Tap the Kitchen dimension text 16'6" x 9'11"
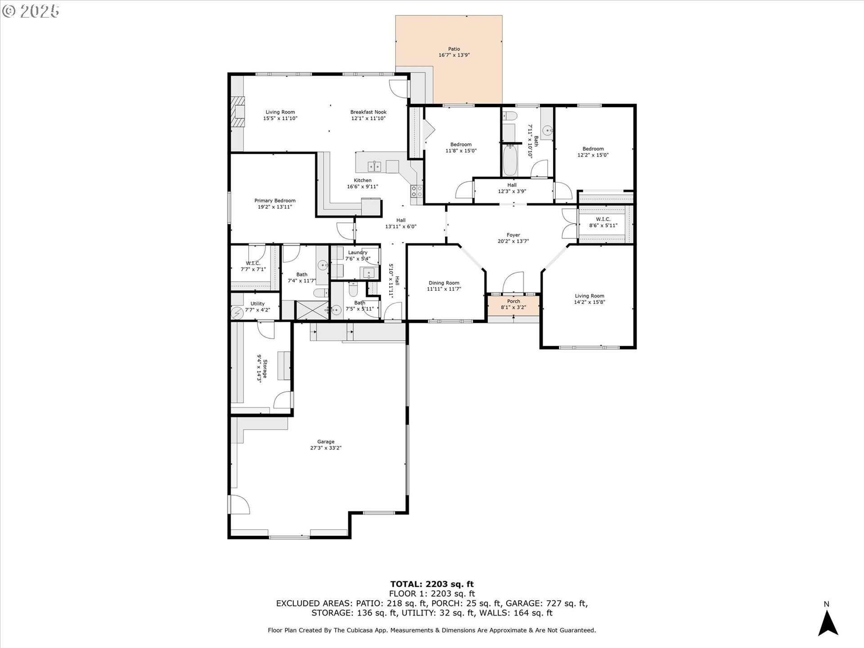pyautogui.click(x=363, y=187)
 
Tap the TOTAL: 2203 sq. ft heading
pyautogui.click(x=432, y=585)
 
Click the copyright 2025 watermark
pyautogui.click(x=31, y=11)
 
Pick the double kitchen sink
pyautogui.click(x=375, y=166)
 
